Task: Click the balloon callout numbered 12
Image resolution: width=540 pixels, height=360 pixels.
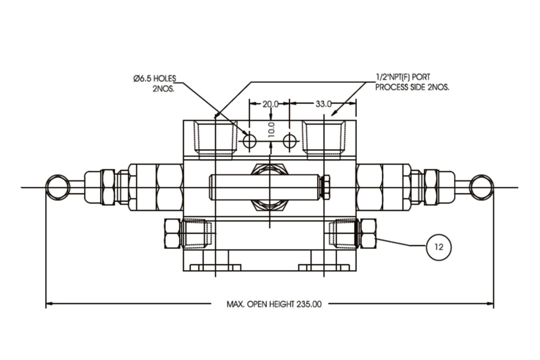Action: pos(438,247)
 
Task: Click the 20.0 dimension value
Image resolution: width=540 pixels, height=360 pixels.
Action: pos(270,104)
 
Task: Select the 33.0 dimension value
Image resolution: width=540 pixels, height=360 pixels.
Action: pos(323,104)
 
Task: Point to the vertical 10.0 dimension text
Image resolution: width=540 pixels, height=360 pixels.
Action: pos(271,130)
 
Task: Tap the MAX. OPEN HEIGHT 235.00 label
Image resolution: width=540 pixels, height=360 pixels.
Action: pos(274,304)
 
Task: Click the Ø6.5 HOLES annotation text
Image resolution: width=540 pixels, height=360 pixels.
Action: pos(155,79)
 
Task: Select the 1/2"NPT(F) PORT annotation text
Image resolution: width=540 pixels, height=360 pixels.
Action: pos(403,77)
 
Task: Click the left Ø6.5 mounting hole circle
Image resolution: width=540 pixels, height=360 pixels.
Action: pos(250,141)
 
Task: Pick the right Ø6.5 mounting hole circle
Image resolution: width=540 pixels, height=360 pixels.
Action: pos(290,141)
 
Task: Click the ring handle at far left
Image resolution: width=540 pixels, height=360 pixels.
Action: pos(57,187)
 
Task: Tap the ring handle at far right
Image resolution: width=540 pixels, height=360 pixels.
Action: pos(482,187)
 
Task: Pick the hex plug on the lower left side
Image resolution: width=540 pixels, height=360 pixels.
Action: pos(172,234)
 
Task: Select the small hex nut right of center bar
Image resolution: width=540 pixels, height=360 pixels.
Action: pos(326,187)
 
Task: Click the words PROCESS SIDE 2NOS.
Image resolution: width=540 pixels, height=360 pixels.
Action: pos(412,88)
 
